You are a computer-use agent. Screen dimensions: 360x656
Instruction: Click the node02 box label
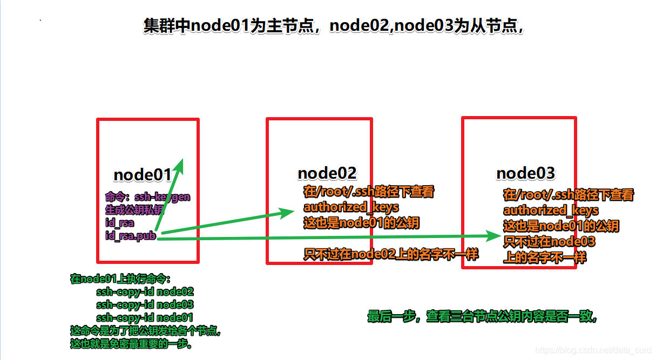coord(327,173)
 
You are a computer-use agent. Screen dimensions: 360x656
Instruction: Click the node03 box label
coord(525,173)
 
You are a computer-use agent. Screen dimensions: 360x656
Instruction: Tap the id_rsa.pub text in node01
coord(131,236)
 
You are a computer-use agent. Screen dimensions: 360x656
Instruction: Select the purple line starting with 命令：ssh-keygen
coord(147,197)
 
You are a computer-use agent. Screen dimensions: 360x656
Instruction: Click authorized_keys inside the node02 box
coord(351,207)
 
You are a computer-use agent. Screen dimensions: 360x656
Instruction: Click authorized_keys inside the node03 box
coord(551,210)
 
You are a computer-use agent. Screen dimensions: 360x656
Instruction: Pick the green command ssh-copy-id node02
coord(145,292)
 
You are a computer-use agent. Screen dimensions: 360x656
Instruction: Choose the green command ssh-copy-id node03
coord(145,305)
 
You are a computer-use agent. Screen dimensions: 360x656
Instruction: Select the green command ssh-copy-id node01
coord(144,318)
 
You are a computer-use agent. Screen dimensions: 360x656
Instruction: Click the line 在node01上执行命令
coord(120,279)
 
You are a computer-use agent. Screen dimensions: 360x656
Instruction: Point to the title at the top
coord(333,26)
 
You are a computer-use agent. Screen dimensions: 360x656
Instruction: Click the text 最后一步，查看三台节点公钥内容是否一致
coord(482,317)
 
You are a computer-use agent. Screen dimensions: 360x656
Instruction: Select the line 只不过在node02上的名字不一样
coord(391,255)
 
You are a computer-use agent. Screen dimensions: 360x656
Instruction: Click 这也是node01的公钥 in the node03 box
coord(561,226)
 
